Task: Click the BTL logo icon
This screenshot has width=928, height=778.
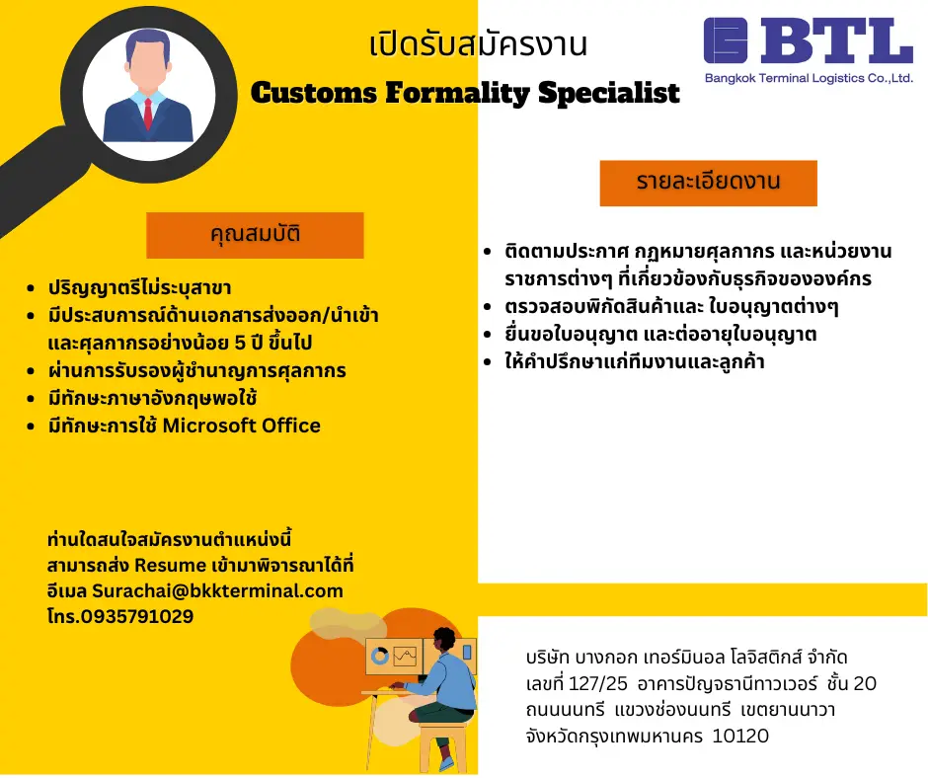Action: [x=726, y=40]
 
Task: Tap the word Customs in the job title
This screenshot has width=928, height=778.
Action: [x=314, y=93]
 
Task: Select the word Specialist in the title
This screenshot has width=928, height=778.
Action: [x=609, y=93]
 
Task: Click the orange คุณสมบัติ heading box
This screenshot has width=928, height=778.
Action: [x=255, y=235]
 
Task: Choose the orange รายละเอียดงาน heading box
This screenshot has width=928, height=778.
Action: [x=709, y=183]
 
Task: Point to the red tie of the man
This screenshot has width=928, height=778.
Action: [x=148, y=114]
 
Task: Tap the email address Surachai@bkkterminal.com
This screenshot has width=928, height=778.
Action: [x=218, y=590]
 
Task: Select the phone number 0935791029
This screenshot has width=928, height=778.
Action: [x=136, y=616]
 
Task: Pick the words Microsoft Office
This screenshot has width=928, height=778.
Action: [x=242, y=426]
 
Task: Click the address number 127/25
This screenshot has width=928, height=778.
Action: [x=597, y=683]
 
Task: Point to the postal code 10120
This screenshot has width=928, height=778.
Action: [x=740, y=736]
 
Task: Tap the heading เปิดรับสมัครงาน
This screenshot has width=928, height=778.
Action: [x=478, y=43]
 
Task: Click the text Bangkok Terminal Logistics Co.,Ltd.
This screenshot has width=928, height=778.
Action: [x=809, y=78]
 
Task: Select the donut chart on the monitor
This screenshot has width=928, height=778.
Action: [x=379, y=656]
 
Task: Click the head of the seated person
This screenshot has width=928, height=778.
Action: [x=444, y=641]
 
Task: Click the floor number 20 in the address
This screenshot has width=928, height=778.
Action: [x=865, y=683]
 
